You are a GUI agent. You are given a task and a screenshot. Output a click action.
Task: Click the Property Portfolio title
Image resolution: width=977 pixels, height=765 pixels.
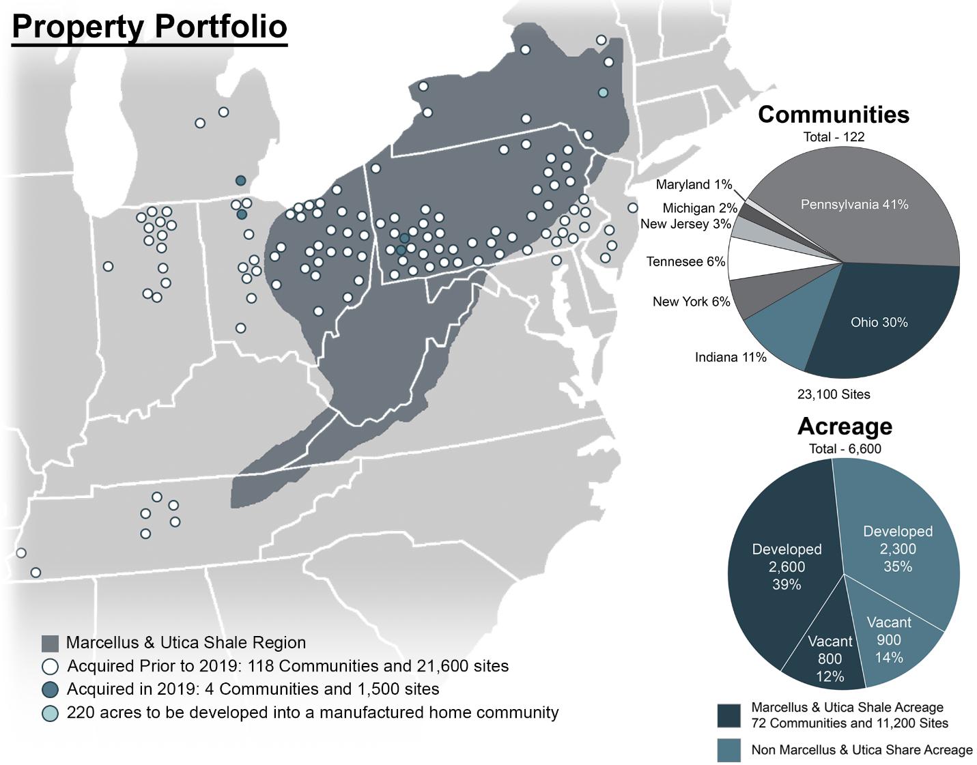[x=150, y=27]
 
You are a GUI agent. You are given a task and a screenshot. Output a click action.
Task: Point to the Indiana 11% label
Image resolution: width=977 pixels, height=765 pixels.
[x=731, y=357]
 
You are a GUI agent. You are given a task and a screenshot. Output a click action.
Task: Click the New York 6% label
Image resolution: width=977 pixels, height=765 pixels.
[x=692, y=302]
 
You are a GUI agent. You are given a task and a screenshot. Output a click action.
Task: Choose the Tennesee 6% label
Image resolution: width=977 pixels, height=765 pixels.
[x=685, y=261]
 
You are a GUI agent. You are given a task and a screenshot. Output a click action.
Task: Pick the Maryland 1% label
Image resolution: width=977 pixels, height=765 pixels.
[x=694, y=185]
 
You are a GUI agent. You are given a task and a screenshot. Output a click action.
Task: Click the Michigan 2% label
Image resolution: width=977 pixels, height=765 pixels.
[x=700, y=208]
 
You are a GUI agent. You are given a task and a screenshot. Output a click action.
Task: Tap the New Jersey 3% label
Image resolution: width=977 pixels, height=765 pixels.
[x=685, y=224]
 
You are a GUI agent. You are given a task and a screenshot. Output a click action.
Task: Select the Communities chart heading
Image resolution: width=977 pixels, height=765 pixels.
[x=834, y=114]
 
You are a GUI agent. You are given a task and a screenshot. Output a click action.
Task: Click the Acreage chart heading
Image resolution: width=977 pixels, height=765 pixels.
[x=845, y=426]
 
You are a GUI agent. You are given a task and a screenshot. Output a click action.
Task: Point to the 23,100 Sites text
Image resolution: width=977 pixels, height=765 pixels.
[x=834, y=394]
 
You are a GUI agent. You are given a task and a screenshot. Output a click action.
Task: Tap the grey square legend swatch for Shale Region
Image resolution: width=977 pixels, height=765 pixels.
[x=50, y=644]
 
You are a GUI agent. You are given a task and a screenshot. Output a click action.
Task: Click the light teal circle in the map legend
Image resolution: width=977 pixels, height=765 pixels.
[x=50, y=713]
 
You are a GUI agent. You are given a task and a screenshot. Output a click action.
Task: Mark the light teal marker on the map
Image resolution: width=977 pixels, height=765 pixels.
[x=603, y=93]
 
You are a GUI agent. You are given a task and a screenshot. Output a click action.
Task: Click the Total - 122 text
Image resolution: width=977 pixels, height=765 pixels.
[x=834, y=136]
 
